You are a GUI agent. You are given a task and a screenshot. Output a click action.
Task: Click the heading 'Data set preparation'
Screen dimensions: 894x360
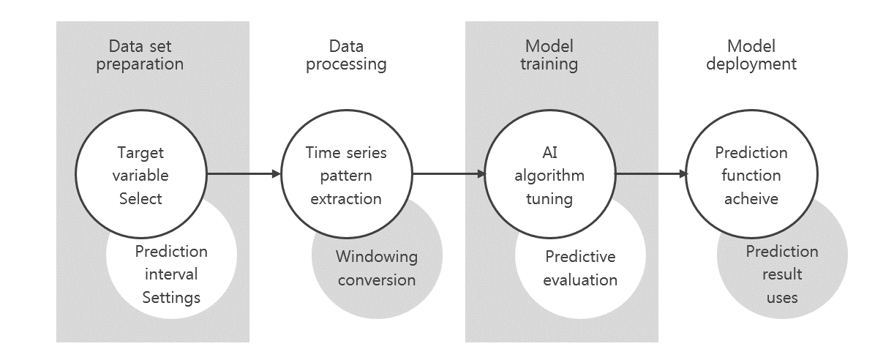pos(140,56)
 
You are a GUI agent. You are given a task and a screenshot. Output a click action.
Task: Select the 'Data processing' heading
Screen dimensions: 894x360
pos(346,56)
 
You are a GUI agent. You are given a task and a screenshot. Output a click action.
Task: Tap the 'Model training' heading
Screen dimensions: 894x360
pos(549,56)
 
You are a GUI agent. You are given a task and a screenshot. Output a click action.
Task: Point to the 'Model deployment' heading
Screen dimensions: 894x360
pos(751,56)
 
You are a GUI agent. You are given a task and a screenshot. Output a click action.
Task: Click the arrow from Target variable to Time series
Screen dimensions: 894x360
pos(244,173)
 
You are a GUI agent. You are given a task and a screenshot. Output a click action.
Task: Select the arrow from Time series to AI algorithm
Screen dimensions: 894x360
pos(449,173)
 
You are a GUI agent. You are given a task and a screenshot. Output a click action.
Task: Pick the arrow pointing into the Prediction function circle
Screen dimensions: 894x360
pos(651,173)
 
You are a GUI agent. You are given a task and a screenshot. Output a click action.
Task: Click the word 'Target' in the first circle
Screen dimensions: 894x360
pos(140,153)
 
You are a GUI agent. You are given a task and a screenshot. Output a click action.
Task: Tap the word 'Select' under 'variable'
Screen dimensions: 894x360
pos(140,199)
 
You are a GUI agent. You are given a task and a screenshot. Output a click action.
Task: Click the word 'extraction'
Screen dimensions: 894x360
pos(346,199)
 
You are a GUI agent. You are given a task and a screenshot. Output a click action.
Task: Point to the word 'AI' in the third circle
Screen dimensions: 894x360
pos(549,152)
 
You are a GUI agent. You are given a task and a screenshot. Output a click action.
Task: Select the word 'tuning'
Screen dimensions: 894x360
pos(549,199)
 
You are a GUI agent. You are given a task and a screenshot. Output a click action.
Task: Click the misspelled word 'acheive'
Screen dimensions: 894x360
pos(751,199)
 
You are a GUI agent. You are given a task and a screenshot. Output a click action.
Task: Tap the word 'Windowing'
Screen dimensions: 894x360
pos(377,257)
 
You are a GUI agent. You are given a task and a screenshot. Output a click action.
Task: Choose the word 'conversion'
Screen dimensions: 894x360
pos(377,280)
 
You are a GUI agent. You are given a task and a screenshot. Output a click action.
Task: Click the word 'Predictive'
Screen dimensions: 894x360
pos(580,257)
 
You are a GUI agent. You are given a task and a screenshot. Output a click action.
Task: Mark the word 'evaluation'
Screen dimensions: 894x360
pos(580,280)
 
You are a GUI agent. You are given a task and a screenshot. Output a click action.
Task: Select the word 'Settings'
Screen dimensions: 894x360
pos(171,298)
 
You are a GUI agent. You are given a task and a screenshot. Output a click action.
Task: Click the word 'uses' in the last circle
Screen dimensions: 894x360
pos(782,298)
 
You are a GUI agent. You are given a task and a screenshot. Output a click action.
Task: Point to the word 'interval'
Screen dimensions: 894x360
pos(171,274)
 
